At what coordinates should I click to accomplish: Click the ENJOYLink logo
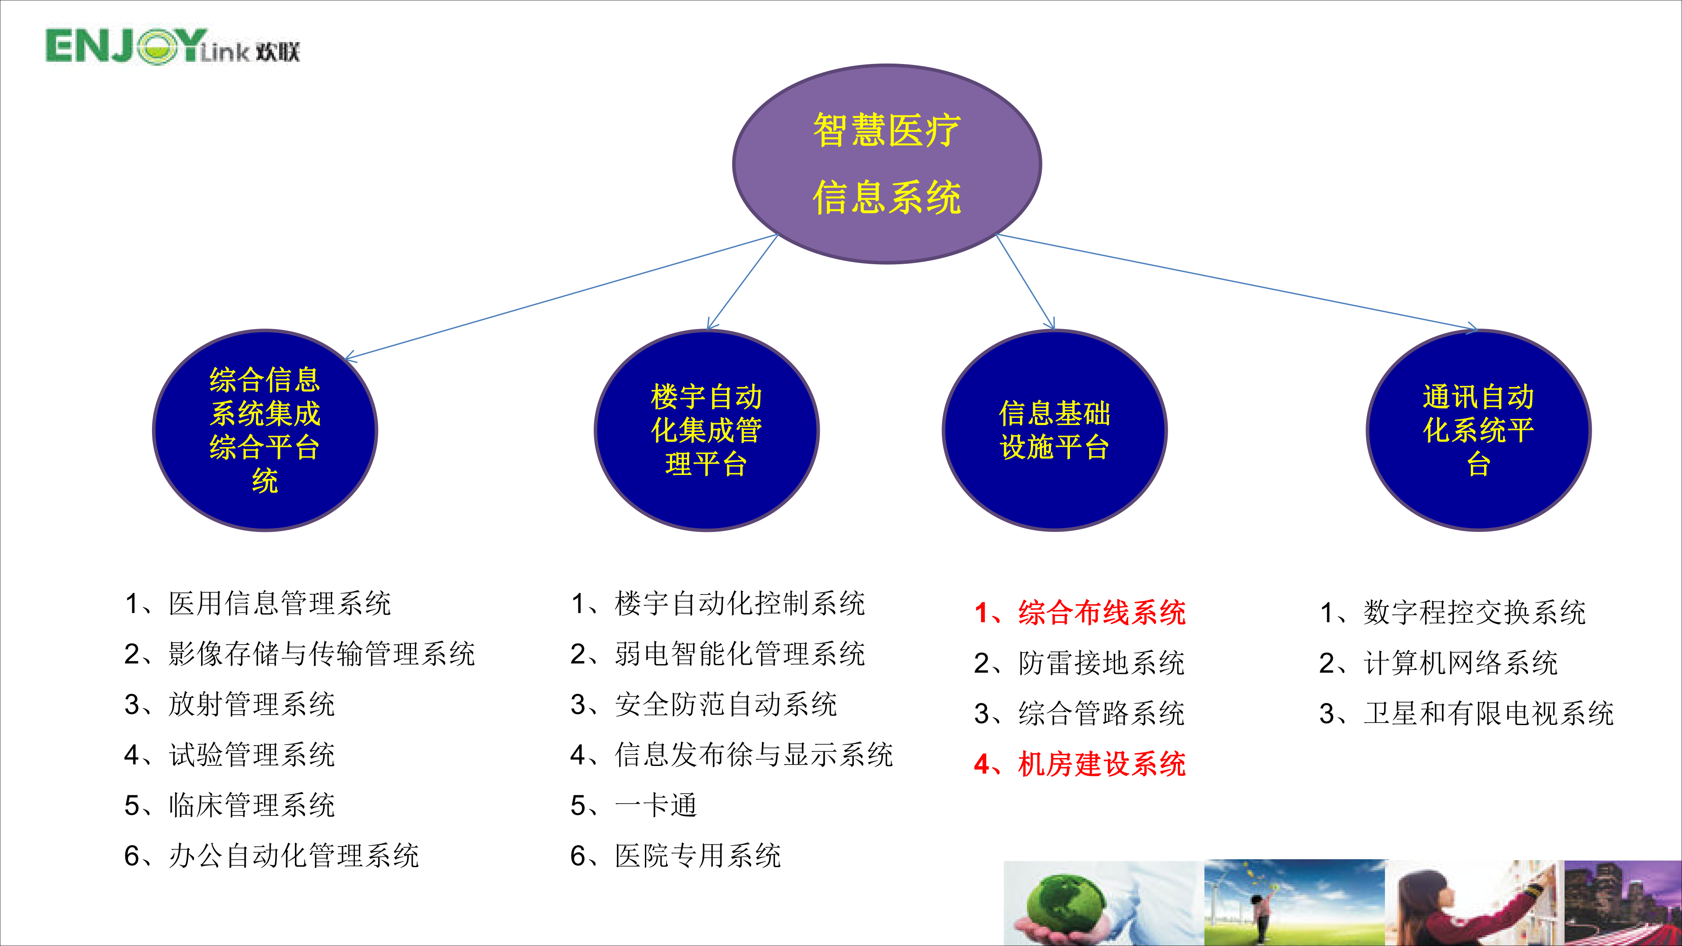point(172,47)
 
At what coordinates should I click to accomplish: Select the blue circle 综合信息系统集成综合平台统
point(265,430)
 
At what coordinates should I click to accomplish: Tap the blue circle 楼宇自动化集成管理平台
point(706,430)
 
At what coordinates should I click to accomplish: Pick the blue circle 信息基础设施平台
point(1055,430)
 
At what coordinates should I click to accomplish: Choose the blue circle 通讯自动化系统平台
point(1478,430)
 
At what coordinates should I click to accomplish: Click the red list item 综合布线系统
point(1079,613)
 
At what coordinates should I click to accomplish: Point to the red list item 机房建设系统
point(1079,764)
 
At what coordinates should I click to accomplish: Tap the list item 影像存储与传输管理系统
point(300,653)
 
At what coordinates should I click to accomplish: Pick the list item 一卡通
point(634,805)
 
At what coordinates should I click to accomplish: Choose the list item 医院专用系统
point(675,855)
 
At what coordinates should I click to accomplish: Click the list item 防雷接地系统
point(1079,663)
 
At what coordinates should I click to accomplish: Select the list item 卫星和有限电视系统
point(1466,713)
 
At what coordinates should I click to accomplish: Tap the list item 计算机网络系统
point(1438,663)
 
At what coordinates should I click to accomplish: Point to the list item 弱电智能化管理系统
point(718,653)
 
